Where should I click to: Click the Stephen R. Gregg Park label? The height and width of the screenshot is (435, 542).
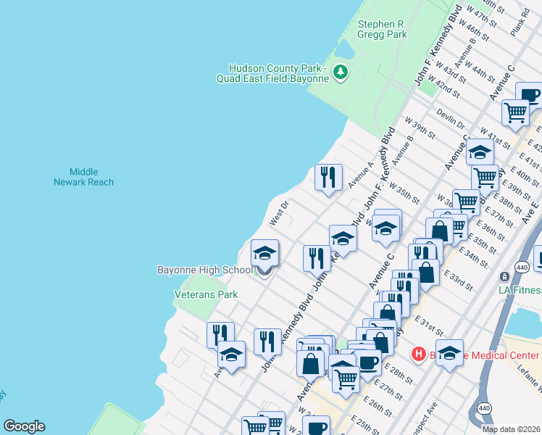[382, 29]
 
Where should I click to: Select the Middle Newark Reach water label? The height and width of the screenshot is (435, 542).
[83, 177]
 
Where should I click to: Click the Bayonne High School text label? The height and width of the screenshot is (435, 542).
[205, 270]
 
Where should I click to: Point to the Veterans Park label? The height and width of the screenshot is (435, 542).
[206, 295]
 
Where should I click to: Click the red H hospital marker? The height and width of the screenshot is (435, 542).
[418, 355]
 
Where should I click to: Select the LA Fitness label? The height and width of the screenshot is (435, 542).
[520, 290]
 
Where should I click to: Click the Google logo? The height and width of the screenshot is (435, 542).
[24, 426]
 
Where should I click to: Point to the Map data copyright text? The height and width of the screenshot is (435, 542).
[511, 429]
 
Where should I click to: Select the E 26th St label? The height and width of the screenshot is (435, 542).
[377, 407]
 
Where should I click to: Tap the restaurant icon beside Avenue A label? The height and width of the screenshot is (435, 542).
[328, 176]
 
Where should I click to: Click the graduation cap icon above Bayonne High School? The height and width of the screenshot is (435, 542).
[264, 254]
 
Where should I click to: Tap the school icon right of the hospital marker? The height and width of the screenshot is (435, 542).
[449, 353]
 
